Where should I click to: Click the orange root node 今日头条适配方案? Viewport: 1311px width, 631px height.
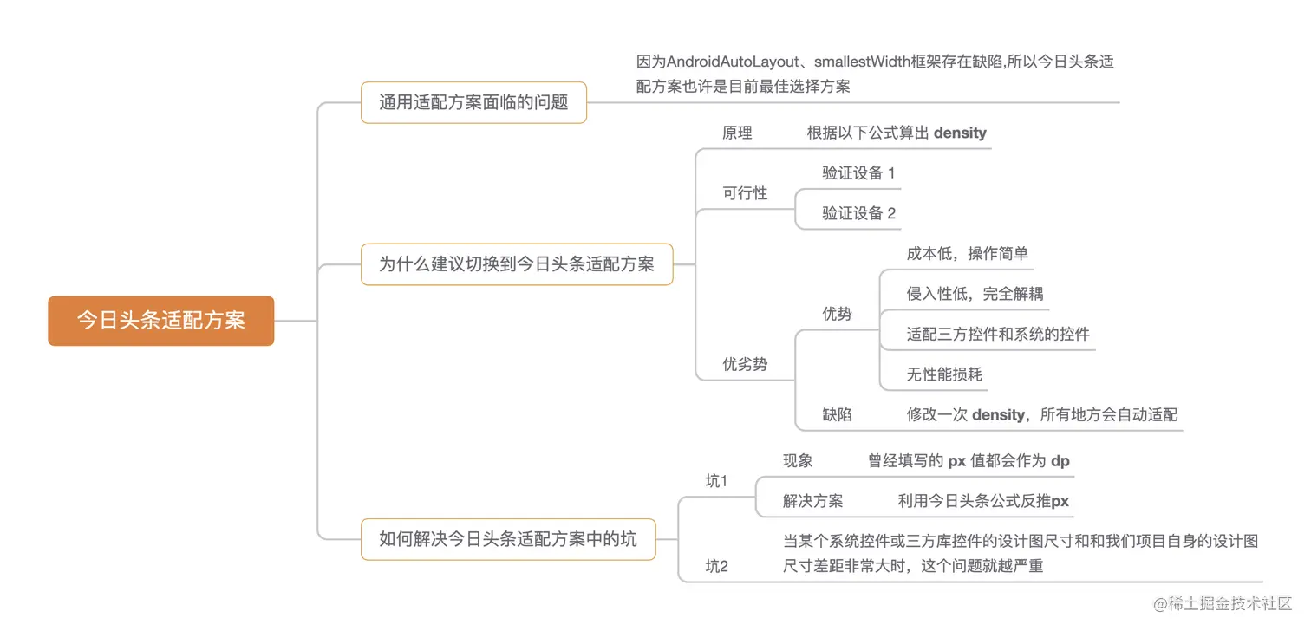coord(161,321)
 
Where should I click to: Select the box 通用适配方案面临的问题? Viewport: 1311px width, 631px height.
coord(473,102)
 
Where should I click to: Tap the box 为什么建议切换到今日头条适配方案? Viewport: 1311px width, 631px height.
coord(517,264)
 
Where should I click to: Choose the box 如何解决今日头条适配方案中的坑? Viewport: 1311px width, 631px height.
coord(508,539)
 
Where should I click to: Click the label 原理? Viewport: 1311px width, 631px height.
coord(737,133)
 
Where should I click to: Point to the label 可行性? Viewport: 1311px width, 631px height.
coord(745,193)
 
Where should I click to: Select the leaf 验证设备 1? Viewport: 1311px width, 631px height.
coord(858,172)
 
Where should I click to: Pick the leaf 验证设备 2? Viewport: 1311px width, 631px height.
coord(858,213)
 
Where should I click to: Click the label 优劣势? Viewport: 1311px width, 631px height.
coord(745,364)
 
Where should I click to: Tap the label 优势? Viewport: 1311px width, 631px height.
coord(837,314)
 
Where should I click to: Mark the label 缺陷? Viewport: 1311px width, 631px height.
coord(837,414)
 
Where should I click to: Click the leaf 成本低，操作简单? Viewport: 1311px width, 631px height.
coord(967,253)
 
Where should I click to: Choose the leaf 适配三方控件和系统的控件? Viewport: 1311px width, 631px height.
coord(998,334)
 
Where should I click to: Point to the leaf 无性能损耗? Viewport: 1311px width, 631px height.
coord(944,374)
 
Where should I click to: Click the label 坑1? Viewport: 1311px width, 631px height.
coord(716,481)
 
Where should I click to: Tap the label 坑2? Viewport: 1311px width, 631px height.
coord(716,566)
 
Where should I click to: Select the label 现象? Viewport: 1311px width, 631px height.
coord(798,461)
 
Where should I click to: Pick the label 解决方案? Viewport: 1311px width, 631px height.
coord(812,501)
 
